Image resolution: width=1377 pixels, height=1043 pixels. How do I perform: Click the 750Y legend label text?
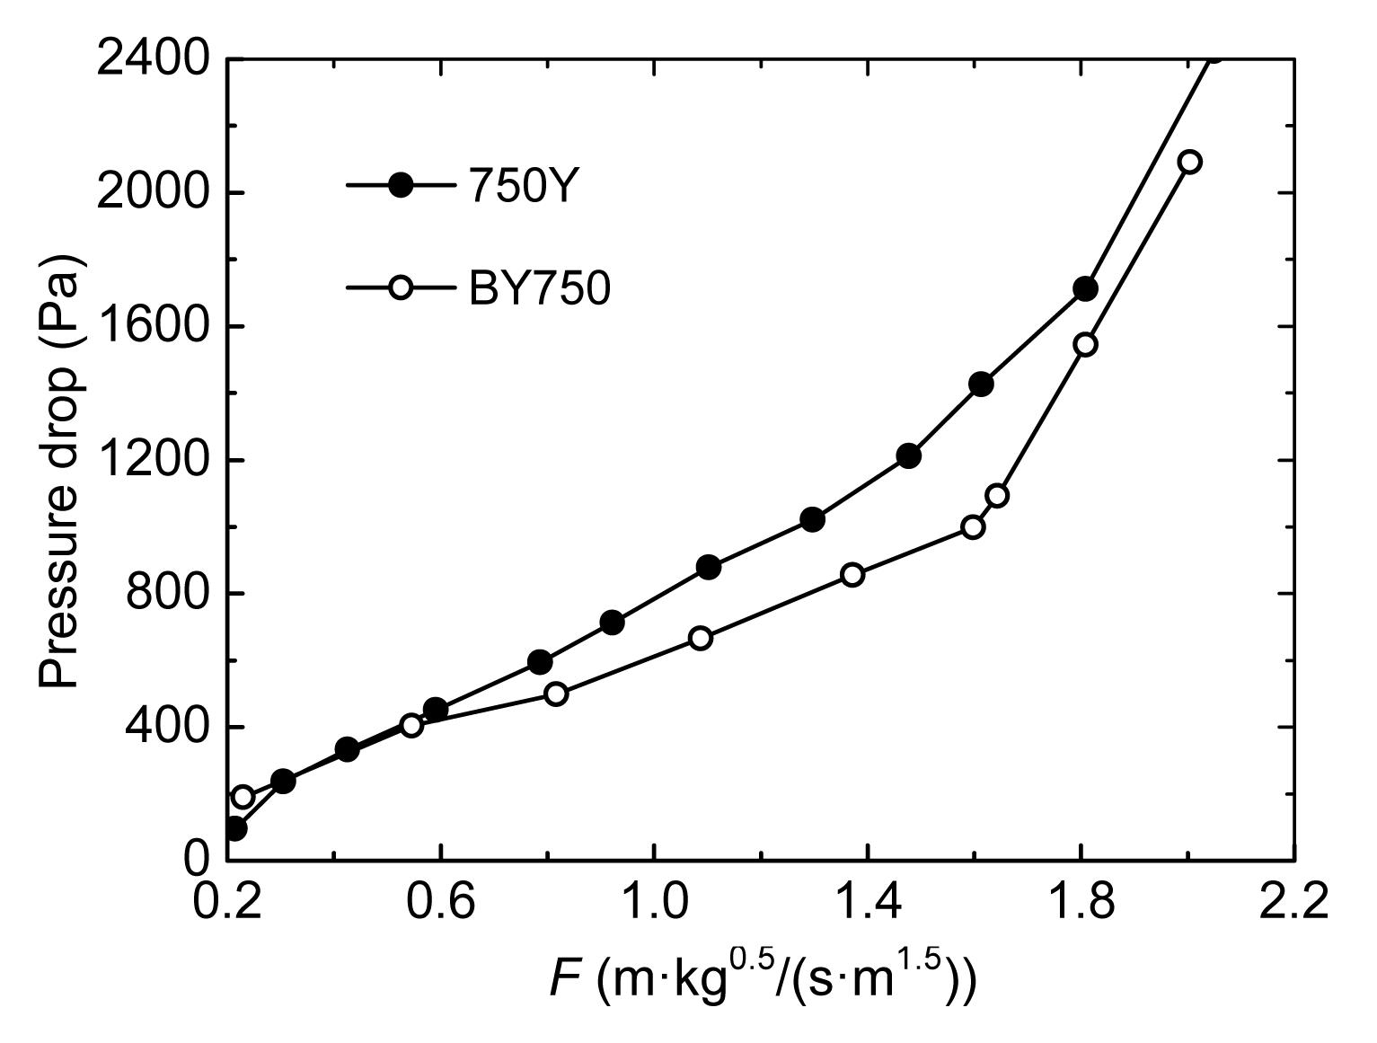(519, 187)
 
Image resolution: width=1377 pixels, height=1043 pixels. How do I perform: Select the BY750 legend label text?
(540, 289)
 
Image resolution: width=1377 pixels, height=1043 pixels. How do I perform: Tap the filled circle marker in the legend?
(402, 186)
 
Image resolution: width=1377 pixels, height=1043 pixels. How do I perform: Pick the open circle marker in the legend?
(402, 288)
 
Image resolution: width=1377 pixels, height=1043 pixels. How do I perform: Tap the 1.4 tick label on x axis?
(867, 901)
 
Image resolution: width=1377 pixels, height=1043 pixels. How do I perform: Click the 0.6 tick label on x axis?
(440, 901)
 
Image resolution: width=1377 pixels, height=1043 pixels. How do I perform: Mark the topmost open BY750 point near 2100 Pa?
(1190, 162)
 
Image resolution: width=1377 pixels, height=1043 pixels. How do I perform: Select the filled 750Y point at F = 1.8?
(1085, 289)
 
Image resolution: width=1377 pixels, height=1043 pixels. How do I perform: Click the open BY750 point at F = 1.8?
(1086, 344)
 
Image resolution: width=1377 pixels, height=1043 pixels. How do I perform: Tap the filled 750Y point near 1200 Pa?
(908, 455)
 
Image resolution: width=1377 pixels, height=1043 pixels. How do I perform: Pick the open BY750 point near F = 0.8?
(556, 694)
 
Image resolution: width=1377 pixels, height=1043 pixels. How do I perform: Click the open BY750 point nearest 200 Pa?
(243, 797)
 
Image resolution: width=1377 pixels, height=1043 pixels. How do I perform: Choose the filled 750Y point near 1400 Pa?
(981, 384)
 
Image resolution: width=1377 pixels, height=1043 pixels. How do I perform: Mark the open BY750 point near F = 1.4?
(852, 575)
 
